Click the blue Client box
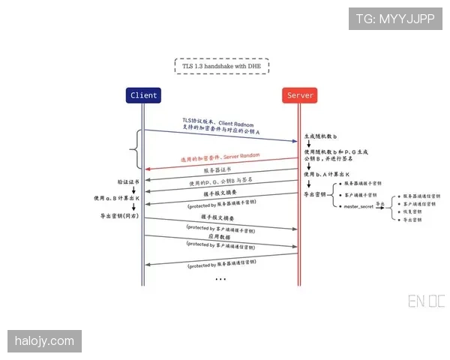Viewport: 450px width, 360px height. click(x=144, y=95)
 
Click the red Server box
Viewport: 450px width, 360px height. click(x=300, y=95)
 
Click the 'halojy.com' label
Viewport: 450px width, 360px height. click(x=45, y=342)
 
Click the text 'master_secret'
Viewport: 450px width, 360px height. click(x=359, y=205)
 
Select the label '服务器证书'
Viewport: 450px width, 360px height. click(x=218, y=170)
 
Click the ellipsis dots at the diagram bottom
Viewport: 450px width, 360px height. click(x=220, y=279)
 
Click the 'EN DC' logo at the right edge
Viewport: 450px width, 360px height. click(x=426, y=301)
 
